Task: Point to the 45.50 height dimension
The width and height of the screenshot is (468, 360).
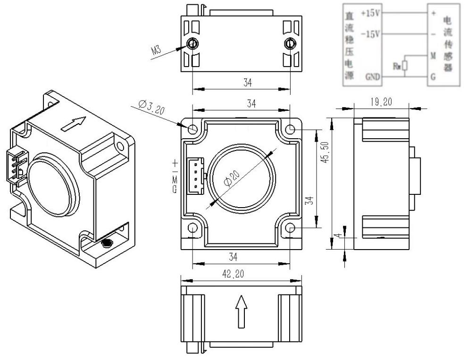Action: pos(324,151)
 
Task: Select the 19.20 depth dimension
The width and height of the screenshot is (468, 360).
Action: pos(381,102)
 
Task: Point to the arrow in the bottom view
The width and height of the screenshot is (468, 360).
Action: pos(241,311)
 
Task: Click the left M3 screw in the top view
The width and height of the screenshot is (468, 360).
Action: pos(192,44)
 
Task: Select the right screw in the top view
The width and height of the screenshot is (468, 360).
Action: pos(289,44)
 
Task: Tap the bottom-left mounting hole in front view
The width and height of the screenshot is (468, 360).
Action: pos(192,228)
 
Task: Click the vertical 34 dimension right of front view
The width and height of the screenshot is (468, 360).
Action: pos(309,201)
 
